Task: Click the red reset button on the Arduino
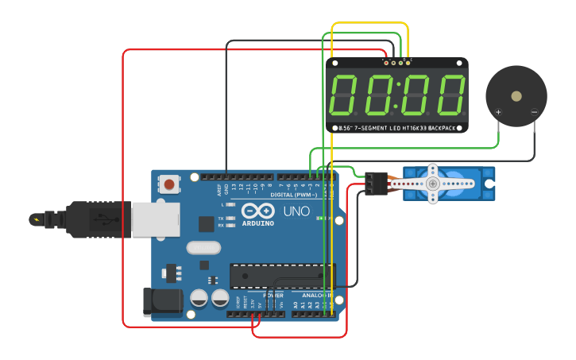tap(169, 185)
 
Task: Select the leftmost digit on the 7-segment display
tap(343, 95)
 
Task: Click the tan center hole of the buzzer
tap(516, 96)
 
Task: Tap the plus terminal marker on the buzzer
tap(499, 112)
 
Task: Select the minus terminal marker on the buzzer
tap(535, 112)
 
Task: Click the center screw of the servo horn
tap(433, 184)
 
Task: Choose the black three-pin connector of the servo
tap(376, 184)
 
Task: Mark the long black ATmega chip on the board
tap(282, 275)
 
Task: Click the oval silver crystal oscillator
tap(204, 247)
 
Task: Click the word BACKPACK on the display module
tap(441, 128)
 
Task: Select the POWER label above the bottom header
tap(273, 295)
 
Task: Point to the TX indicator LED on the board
tap(230, 218)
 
